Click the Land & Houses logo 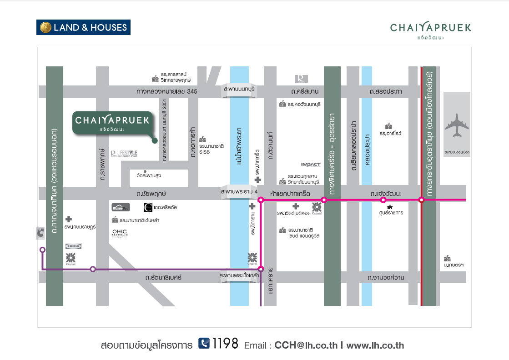83,27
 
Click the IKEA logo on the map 73,246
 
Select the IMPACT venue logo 311,165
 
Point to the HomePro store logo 121,208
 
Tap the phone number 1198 225,344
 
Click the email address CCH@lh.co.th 306,345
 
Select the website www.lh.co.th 375,345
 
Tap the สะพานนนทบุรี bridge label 239,91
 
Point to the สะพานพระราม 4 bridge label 239,193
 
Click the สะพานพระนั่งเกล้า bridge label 239,276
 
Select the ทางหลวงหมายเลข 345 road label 167,92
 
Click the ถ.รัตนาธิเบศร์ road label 163,277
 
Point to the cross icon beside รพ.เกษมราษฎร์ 69,219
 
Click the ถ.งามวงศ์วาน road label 386,277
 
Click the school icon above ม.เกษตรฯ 447,258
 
